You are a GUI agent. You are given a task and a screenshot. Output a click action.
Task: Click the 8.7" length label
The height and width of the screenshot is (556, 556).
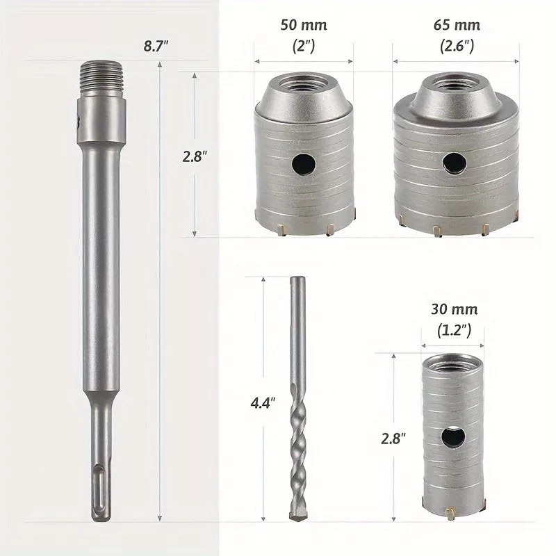(x=156, y=46)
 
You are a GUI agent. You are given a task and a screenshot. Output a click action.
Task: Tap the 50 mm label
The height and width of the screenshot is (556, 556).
(x=304, y=25)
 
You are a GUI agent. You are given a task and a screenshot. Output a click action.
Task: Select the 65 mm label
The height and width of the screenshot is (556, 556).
(x=457, y=25)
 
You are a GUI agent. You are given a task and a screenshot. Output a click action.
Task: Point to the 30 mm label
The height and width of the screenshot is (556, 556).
(x=455, y=309)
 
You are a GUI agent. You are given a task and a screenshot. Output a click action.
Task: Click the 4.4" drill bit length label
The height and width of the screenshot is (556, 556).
(x=263, y=403)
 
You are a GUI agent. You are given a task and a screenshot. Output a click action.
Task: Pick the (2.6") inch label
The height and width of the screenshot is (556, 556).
(x=457, y=46)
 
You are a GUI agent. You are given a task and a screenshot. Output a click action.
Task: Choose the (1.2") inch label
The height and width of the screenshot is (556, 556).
(x=454, y=331)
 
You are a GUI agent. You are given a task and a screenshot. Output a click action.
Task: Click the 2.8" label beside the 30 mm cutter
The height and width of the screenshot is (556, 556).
(x=393, y=439)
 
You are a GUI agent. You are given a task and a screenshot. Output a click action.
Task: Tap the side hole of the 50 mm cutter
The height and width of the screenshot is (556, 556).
(x=304, y=165)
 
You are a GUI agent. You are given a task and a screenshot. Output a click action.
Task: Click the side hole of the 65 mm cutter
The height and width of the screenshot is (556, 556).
(x=455, y=164)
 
